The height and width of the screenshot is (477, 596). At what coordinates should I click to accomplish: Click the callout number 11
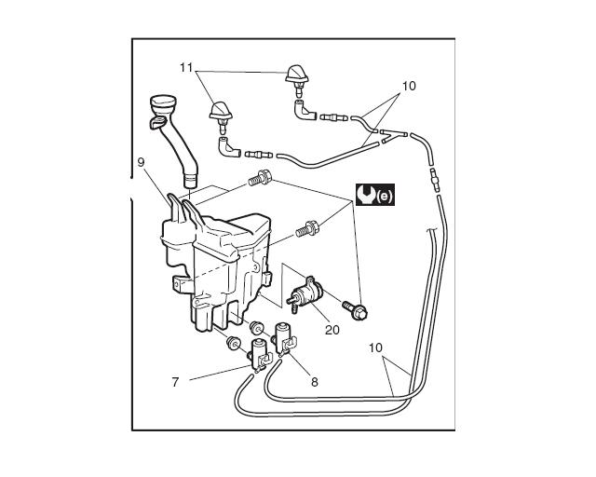point(185,67)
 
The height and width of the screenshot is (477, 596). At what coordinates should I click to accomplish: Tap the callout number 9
point(141,162)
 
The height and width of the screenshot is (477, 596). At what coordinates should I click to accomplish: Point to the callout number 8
point(314,380)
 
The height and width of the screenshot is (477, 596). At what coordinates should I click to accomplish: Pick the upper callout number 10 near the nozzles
point(408,87)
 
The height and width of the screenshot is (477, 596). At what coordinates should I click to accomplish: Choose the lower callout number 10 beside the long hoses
point(375,348)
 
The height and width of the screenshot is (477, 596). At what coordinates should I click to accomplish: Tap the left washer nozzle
point(223,113)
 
